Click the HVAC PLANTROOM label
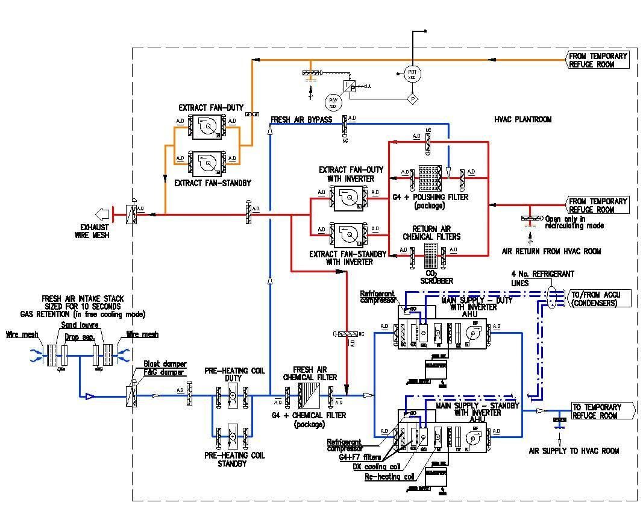[x=522, y=120]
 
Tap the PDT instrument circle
[x=412, y=74]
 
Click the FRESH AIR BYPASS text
[x=301, y=119]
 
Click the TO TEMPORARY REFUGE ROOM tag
[x=600, y=411]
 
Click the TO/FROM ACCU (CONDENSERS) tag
[x=600, y=298]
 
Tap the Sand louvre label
[x=80, y=325]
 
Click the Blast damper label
[x=164, y=365]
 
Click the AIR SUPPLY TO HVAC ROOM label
[x=573, y=450]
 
